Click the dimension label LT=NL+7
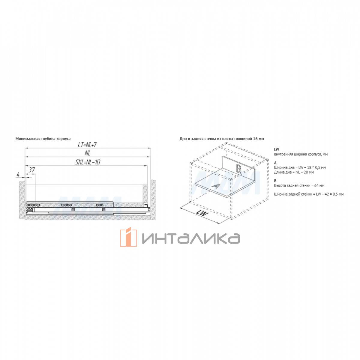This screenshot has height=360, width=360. (x=87, y=145)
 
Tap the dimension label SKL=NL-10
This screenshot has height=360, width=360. (x=88, y=162)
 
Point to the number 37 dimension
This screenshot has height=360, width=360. (x=31, y=170)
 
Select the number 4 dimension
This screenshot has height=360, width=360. (x=18, y=175)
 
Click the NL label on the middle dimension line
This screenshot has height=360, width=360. (x=87, y=153)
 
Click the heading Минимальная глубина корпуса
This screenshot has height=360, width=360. (x=43, y=139)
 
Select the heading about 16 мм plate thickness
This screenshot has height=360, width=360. (x=222, y=139)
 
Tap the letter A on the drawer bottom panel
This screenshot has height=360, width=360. (x=216, y=186)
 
